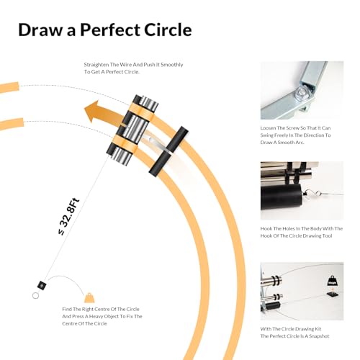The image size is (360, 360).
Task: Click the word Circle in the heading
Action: pos(168,30)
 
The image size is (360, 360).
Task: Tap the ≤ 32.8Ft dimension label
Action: pos(68,217)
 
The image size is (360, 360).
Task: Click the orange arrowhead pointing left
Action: pos(92,112)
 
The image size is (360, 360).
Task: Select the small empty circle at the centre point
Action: pos(35,296)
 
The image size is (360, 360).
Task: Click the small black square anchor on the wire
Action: pos(42,285)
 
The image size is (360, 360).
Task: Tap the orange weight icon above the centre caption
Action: pos(89,297)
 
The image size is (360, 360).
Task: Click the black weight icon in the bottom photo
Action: pos(333,282)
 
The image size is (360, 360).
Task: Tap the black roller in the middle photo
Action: pos(281,197)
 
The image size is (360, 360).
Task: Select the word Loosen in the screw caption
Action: pos(268,128)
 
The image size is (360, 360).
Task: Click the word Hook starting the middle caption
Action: pos(266,228)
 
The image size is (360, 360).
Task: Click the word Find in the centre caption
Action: pos(67,309)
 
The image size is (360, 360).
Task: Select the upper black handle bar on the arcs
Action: pos(178,139)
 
